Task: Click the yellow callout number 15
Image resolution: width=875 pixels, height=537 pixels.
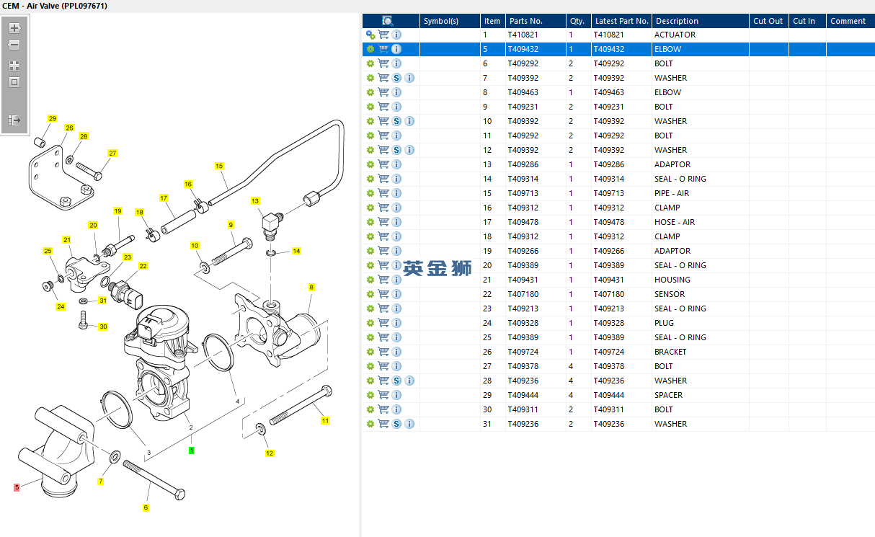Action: tap(219, 166)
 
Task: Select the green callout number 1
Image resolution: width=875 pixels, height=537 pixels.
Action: tap(191, 450)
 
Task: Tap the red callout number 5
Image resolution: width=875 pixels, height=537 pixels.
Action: tap(17, 487)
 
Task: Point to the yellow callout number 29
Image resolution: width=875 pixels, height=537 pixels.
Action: tap(52, 118)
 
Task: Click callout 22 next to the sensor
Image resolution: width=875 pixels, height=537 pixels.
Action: tap(143, 266)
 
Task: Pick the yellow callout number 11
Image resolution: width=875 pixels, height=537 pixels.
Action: tap(325, 420)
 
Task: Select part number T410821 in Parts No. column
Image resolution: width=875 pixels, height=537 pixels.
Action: tap(523, 35)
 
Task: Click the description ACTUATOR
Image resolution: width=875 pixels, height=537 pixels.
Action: tap(675, 35)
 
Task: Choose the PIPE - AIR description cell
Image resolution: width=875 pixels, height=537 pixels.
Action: tap(672, 193)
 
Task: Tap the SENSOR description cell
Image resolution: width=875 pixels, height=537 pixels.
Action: tap(670, 294)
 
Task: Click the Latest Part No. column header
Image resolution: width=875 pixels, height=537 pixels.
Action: tap(621, 21)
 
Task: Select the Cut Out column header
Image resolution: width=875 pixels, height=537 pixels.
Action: tap(768, 21)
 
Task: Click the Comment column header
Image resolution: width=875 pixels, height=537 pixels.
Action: tap(848, 21)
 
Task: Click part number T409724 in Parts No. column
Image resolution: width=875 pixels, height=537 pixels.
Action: tap(523, 352)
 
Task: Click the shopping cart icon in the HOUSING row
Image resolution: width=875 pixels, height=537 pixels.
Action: tap(383, 280)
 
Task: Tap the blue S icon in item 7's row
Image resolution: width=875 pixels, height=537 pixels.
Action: tap(396, 78)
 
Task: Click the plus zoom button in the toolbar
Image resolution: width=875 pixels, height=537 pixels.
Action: tap(14, 28)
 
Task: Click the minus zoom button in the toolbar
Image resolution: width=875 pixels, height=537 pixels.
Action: tap(14, 45)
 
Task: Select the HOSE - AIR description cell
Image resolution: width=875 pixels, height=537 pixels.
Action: tap(675, 222)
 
